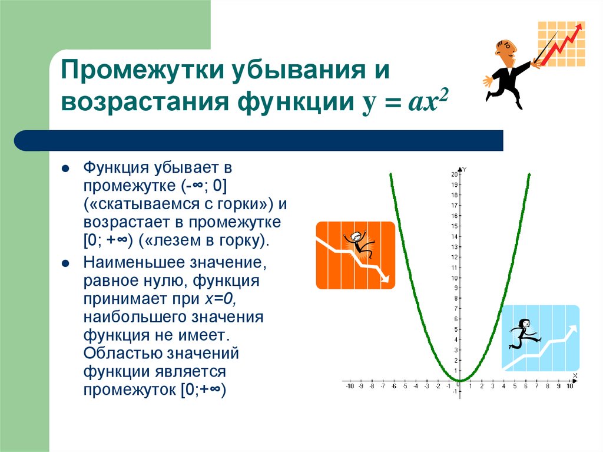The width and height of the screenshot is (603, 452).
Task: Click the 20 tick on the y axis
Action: tap(455, 174)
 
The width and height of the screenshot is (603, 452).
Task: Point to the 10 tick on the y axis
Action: tap(455, 278)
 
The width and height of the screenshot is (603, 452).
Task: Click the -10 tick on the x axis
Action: tap(350, 387)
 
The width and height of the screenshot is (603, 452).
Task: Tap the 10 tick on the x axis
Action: tap(569, 387)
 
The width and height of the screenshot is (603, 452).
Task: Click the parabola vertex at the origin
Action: tap(460, 380)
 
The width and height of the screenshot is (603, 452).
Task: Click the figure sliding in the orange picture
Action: tap(357, 243)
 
